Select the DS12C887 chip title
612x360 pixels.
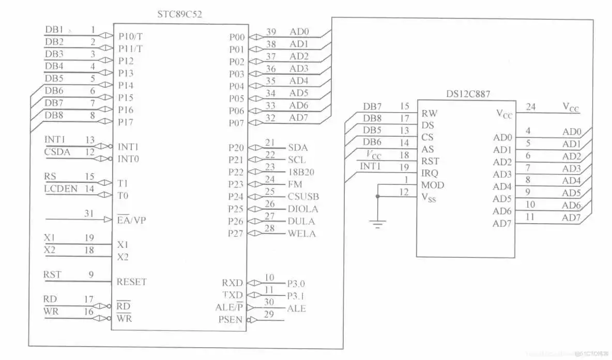(468, 94)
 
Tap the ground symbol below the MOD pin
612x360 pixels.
(378, 224)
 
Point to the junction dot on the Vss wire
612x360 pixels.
(378, 196)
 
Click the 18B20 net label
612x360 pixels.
(301, 172)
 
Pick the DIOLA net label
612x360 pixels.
(303, 209)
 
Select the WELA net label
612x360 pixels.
(301, 233)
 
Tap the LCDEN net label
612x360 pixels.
(60, 189)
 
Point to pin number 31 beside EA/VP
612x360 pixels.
(89, 213)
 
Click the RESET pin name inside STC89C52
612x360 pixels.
(131, 282)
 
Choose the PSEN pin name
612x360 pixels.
(231, 320)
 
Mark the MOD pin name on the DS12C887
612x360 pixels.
(433, 185)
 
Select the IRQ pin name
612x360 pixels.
(430, 173)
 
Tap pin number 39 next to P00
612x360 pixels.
(271, 32)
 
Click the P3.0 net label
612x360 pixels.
(297, 283)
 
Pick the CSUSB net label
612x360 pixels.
(303, 197)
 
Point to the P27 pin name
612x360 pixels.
(236, 233)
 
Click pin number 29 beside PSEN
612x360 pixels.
(269, 314)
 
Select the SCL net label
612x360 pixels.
(297, 160)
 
